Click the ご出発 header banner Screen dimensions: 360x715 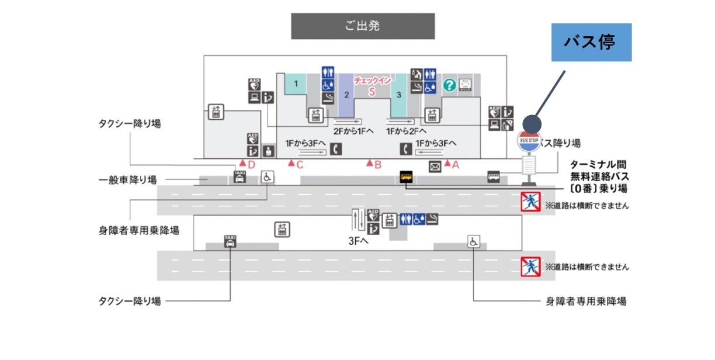point(363,26)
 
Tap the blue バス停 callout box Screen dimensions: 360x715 point(591,42)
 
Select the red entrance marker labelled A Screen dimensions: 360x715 point(449,164)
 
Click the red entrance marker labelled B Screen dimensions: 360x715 point(370,164)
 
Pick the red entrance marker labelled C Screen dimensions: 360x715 point(291,164)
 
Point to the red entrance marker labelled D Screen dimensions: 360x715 point(243,164)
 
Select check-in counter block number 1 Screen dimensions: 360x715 point(296,83)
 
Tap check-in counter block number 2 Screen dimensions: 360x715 point(346,95)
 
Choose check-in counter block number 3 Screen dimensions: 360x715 point(398,94)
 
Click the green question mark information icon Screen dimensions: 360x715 point(449,85)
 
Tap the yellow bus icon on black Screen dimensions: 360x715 point(405,176)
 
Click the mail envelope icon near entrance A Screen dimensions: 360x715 point(435,166)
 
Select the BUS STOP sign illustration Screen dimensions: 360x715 point(529,140)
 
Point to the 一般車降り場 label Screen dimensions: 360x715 point(128,180)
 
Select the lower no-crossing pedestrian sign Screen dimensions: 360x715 point(530,266)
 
